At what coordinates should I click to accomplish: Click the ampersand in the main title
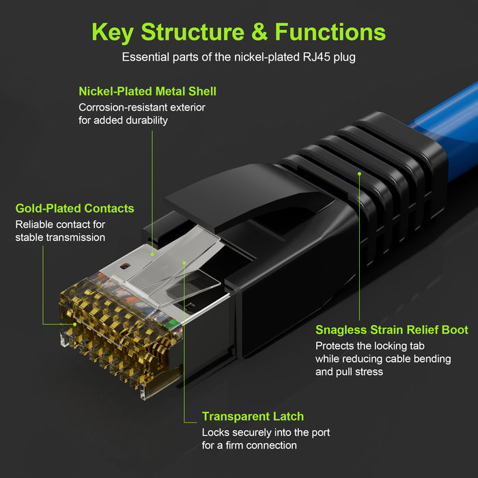coord(259,32)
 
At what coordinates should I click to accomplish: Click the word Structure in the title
coord(193,32)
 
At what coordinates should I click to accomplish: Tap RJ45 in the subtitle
coord(317,57)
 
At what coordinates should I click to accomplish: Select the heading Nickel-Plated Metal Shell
coord(147,92)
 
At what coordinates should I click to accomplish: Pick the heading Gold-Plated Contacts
coord(74,208)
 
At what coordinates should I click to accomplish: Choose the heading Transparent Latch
coord(253,417)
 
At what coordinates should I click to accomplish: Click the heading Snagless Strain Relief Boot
coord(392,330)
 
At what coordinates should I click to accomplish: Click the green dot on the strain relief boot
coord(359,173)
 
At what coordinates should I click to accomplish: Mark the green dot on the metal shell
coord(152,254)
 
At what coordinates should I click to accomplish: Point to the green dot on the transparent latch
coord(184,263)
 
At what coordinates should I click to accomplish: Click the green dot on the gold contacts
coord(75,324)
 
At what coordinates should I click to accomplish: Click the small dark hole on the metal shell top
coord(125,266)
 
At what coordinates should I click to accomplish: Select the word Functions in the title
coord(330,32)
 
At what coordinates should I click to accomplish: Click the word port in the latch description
coord(321,433)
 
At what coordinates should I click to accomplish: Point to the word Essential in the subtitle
coord(145,57)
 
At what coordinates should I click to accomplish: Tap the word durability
coord(147,120)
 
